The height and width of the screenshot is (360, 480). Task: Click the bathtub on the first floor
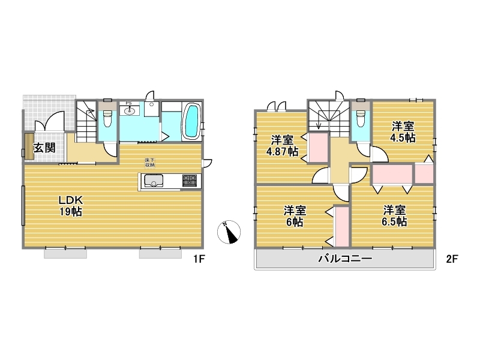point(192,121)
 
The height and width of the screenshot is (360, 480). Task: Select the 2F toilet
point(361,119)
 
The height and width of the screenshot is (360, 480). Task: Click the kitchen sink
point(154,181)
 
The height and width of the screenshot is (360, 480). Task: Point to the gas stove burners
point(190,181)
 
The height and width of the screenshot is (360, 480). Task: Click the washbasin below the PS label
point(130,110)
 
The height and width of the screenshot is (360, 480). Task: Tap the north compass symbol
point(229,232)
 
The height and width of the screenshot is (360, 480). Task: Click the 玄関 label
point(44,148)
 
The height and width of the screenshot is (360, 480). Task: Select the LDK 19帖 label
point(71,206)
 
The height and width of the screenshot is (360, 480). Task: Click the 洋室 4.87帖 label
point(282,146)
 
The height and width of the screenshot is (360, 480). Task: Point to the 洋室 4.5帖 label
point(403,131)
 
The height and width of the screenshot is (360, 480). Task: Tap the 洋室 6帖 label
point(295,216)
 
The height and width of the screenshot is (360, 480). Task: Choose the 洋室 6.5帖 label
point(394,216)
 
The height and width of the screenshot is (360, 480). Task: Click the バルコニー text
point(346,259)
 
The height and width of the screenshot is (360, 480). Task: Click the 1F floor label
point(199,259)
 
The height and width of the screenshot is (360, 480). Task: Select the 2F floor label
point(452,259)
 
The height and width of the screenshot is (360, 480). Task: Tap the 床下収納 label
point(149,162)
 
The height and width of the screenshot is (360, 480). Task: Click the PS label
point(128,103)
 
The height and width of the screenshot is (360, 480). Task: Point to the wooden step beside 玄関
point(29,146)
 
